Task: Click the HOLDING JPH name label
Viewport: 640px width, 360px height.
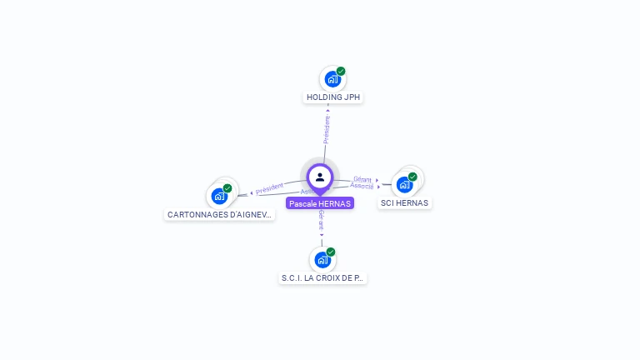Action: [333, 97]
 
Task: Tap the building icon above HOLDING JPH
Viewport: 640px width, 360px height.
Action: [332, 80]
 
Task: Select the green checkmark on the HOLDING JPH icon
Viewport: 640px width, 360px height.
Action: [341, 72]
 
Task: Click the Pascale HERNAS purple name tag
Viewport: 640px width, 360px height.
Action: [320, 203]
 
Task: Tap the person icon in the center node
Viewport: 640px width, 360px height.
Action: [320, 177]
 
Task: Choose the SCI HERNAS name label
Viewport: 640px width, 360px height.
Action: [404, 202]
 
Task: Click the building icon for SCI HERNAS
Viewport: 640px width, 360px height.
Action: [404, 184]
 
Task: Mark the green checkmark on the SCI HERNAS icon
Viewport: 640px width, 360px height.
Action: [412, 177]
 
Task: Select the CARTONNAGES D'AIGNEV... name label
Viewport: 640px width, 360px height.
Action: [219, 214]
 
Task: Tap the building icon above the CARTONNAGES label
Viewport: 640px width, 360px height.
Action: [219, 197]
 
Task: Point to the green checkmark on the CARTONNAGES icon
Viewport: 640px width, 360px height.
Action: [227, 188]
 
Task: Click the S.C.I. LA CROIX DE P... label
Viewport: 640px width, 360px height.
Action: [322, 277]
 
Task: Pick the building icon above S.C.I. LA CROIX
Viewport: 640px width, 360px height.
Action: [322, 260]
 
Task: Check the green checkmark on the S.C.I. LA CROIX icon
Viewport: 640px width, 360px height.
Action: [331, 252]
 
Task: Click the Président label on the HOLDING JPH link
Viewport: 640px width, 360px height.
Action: [327, 128]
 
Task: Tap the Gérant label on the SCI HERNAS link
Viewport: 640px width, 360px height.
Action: [362, 179]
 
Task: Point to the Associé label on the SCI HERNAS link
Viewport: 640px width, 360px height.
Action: [362, 186]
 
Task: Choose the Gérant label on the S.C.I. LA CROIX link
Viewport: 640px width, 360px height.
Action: [321, 219]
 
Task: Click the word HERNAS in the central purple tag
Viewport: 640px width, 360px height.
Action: [334, 203]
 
